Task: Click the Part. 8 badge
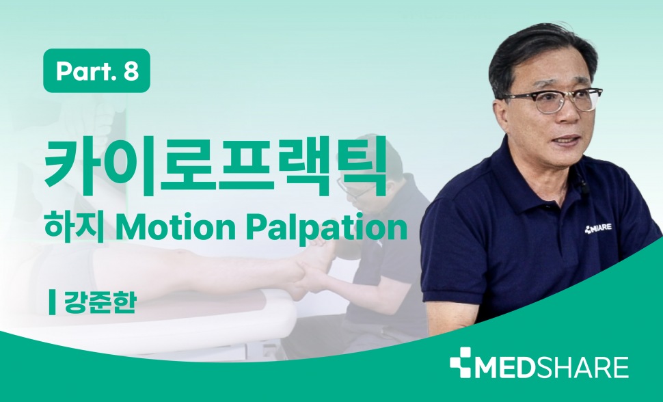click(96, 70)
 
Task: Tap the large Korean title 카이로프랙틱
click(215, 166)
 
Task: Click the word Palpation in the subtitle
click(327, 229)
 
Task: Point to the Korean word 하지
click(75, 228)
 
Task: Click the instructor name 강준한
click(100, 302)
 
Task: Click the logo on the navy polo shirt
click(598, 228)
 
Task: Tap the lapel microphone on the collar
click(582, 185)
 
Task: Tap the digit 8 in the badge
click(131, 71)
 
